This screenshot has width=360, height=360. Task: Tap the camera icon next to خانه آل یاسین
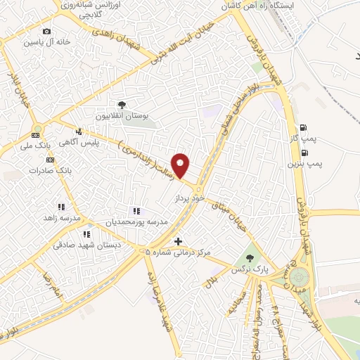pos(46,32)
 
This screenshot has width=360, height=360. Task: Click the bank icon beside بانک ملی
pos(37,134)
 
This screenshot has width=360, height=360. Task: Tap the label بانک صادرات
pos(72,171)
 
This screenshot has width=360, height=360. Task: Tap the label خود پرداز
pos(189,200)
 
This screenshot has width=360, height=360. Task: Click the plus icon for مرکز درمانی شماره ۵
pos(178,240)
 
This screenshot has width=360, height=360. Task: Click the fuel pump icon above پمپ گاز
pos(303,127)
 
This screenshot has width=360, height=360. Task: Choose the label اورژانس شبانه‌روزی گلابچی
pos(87,9)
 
